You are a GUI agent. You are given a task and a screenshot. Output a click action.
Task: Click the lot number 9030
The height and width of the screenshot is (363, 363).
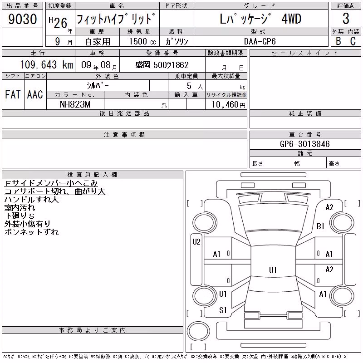pos(22,19)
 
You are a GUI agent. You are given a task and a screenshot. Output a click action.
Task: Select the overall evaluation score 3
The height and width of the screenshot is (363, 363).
pos(346,19)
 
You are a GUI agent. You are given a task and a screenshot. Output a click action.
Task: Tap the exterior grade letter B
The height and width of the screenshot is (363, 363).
pos(338,41)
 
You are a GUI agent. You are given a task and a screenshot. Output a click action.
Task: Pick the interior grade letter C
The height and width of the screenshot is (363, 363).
pos(353,41)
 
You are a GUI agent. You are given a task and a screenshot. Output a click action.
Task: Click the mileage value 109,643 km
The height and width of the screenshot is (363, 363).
pos(46,65)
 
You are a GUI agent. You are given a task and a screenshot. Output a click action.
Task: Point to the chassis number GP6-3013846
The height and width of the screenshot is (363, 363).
pos(304,144)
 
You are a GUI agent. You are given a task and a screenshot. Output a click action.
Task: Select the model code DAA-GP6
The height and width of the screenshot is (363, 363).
pos(260,41)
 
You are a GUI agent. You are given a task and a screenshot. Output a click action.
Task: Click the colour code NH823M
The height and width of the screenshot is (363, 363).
pos(75,104)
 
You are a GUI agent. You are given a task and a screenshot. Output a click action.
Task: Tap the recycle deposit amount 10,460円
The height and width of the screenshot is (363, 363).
pos(229,105)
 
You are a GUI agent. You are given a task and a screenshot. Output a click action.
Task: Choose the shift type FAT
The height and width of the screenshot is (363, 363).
pos(13,94)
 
